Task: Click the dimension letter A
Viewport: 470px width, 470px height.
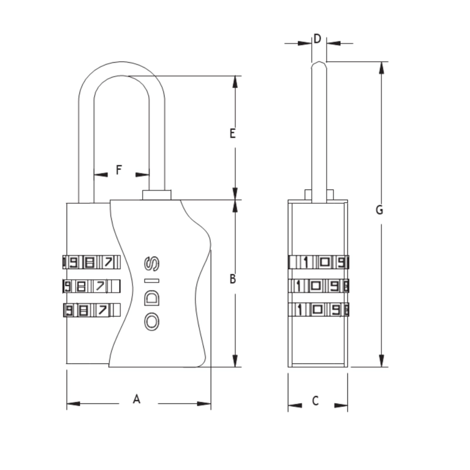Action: coord(136,399)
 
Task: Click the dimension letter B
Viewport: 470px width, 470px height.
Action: coord(233,278)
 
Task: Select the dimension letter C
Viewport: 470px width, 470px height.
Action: coord(315,401)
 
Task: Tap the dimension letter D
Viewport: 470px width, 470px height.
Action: coord(317,39)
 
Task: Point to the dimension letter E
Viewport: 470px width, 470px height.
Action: coord(233,133)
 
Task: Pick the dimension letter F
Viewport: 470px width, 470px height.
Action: coord(119,170)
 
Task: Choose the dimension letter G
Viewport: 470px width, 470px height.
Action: coord(379,210)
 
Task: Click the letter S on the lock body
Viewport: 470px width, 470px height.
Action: coord(152,264)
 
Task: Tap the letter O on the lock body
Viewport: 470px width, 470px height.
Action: coord(152,321)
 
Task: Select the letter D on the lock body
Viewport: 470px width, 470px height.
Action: coord(152,298)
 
